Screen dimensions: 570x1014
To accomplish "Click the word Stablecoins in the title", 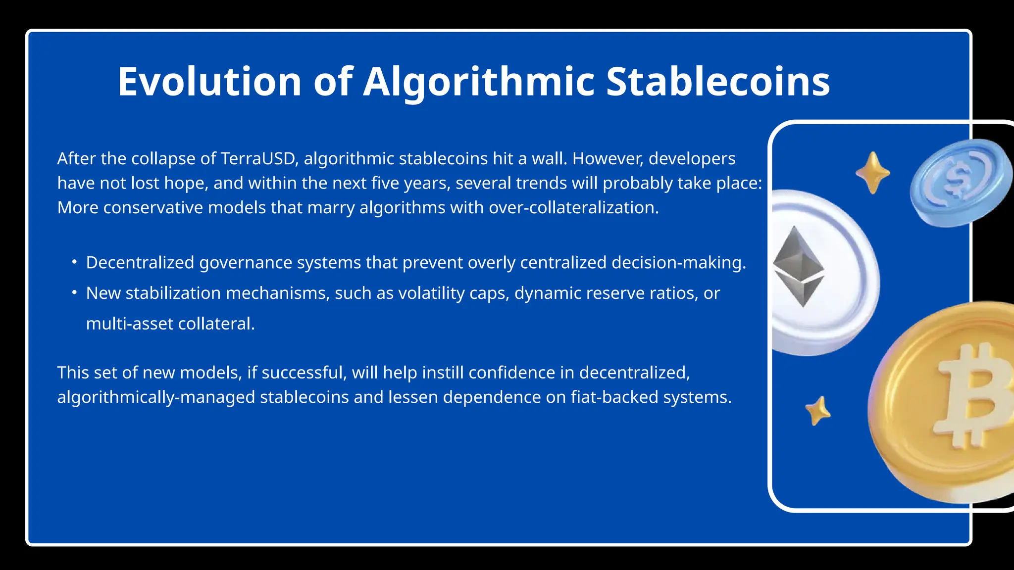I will (717, 82).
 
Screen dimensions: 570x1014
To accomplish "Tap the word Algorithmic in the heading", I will (479, 82).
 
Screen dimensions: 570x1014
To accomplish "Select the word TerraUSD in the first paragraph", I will (259, 159).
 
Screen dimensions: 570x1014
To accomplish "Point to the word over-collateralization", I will (573, 208).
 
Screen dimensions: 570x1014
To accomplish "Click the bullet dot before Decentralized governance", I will (74, 262).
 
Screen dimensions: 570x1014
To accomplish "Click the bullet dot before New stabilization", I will (74, 292).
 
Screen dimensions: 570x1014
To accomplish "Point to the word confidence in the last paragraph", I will (511, 373).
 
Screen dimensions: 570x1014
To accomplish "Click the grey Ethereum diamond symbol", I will (799, 266).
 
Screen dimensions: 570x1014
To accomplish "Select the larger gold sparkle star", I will (873, 173).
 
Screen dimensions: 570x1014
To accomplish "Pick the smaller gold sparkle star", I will (818, 411).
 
